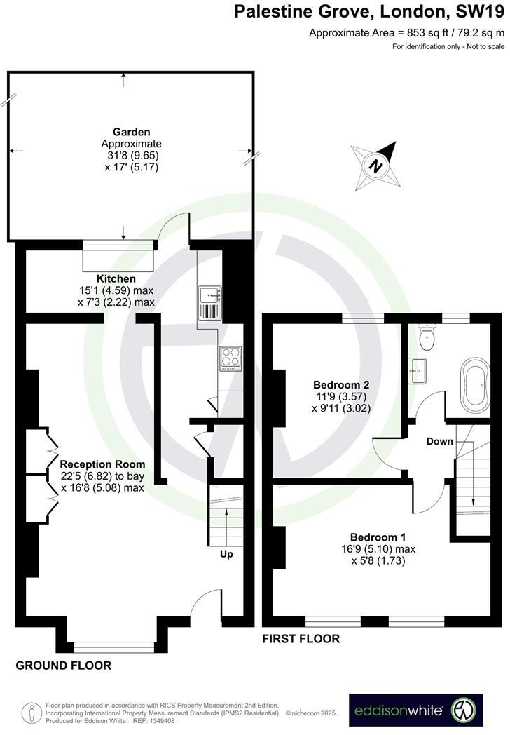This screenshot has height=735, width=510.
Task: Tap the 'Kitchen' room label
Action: pos(116,278)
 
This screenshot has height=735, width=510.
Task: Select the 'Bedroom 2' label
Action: pos(341,385)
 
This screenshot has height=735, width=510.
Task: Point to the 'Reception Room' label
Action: pos(102,464)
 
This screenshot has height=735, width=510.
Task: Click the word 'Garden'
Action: pos(132,132)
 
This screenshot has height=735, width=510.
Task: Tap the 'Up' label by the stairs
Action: pos(226,554)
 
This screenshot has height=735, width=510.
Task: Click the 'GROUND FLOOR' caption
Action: pos(63,666)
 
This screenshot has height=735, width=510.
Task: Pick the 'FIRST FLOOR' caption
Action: pos(301,639)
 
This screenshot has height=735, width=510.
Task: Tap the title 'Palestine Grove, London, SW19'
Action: pos(368,12)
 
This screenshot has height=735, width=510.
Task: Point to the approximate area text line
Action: pos(406,32)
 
